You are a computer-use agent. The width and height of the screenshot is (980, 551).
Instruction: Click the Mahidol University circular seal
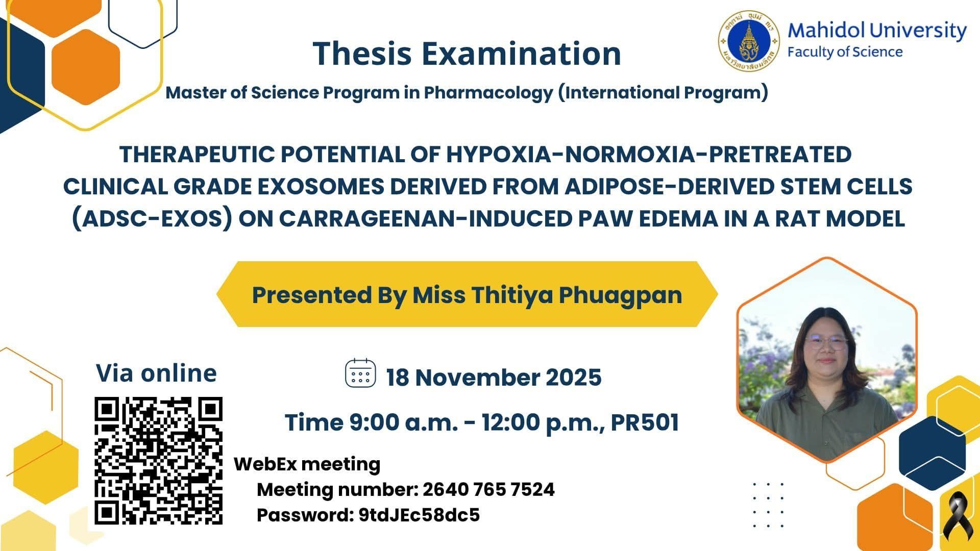(749, 41)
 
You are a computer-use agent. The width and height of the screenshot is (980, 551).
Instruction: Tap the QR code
(159, 461)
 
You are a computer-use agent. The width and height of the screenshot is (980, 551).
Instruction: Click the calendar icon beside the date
(361, 374)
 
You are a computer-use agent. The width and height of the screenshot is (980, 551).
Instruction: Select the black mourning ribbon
(955, 518)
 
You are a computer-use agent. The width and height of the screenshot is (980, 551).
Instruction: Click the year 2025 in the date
(574, 378)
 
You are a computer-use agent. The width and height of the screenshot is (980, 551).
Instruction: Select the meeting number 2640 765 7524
(488, 489)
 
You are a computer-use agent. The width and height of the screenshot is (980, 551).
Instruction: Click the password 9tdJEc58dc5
(419, 515)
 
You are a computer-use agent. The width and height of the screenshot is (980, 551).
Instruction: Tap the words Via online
(156, 373)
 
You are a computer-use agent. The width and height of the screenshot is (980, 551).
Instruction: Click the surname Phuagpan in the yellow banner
(620, 295)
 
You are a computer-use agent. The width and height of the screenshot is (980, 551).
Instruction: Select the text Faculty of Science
(845, 52)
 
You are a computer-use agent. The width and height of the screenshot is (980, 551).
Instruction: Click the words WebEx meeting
(307, 464)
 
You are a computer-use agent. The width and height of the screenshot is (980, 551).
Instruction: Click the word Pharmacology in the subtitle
(488, 93)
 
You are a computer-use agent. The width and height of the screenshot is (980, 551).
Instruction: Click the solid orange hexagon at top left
(86, 67)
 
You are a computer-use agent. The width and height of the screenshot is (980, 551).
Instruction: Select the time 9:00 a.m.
(403, 422)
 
